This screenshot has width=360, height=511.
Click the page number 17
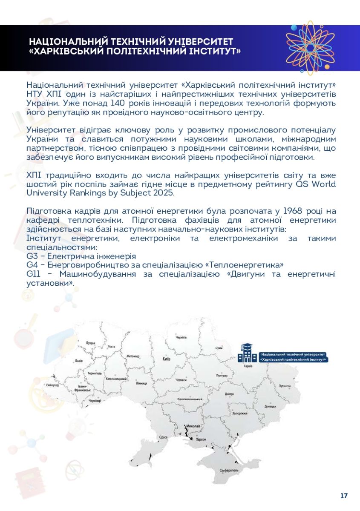point(344,496)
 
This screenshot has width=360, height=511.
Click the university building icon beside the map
point(247,353)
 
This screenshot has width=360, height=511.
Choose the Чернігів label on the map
point(181,337)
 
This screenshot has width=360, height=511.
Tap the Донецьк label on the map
point(271,406)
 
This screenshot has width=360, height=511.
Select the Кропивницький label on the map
point(190,399)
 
